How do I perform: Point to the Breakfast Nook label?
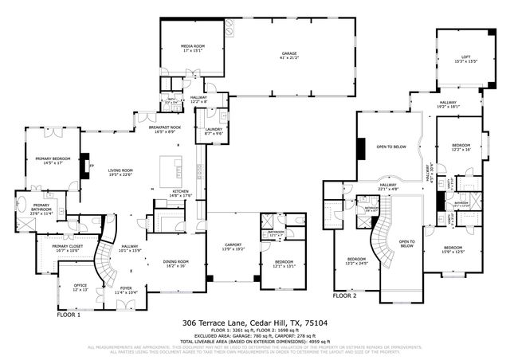point(165,129)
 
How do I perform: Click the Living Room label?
point(120,173)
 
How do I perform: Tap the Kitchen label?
point(181,193)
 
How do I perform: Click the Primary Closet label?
point(68,248)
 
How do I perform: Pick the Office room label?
point(80,286)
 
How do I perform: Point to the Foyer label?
point(126,291)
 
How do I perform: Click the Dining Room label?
point(176,264)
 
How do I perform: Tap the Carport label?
point(229,248)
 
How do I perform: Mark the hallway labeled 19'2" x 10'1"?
point(449,104)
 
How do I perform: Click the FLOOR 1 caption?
point(69,315)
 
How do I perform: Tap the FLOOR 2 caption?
point(344,295)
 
